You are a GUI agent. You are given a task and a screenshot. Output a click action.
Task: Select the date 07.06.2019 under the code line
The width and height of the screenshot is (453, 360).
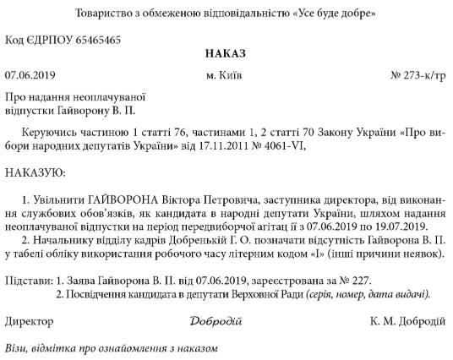[x=29, y=76]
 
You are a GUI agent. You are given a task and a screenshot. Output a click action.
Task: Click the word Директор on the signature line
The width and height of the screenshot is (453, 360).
[x=29, y=321]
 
